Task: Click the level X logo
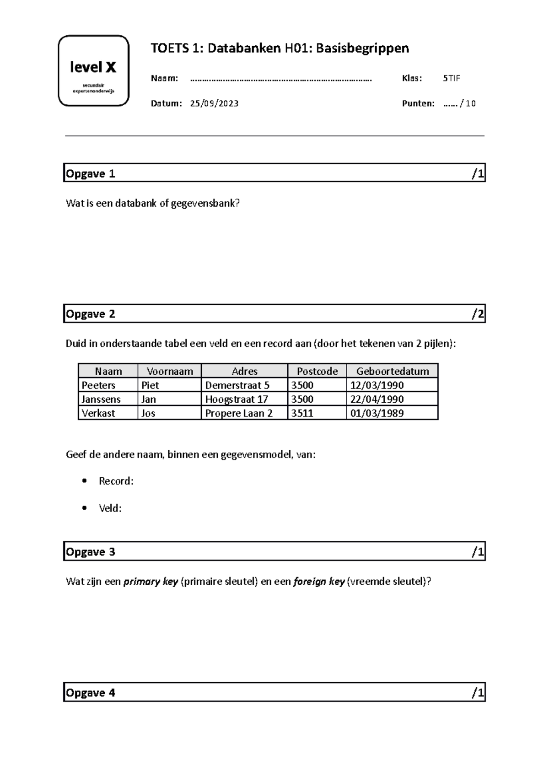pos(93,71)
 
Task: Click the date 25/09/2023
pos(214,103)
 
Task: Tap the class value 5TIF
pos(451,78)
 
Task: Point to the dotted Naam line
pos(280,79)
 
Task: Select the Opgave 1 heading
pos(91,174)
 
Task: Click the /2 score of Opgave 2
pos(478,314)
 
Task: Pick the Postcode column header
pos(317,371)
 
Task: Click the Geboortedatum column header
pos(392,371)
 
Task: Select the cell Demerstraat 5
pos(237,385)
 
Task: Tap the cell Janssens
pos(101,399)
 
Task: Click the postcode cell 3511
pos(302,413)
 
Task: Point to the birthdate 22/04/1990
pos(377,399)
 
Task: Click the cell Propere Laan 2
pos(238,413)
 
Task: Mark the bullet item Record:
pos(116,481)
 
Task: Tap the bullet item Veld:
pos(110,508)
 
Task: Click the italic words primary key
pos(151,582)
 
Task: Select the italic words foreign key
pos(318,582)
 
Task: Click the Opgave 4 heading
pos(91,693)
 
